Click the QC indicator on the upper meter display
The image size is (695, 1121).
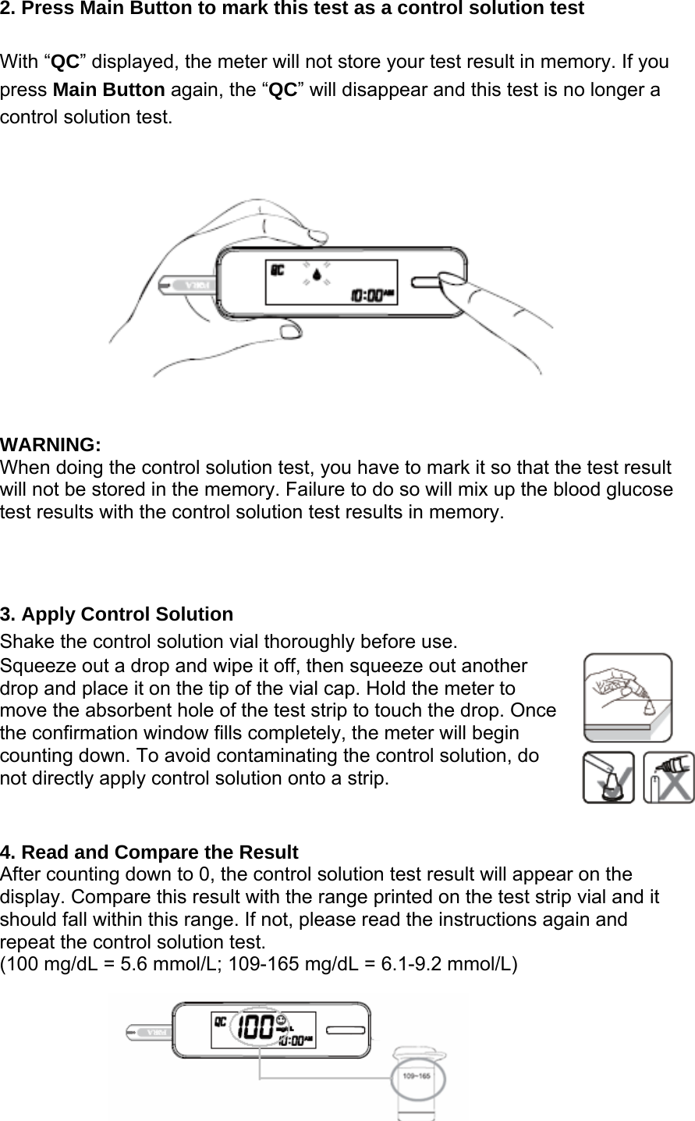pos(277,270)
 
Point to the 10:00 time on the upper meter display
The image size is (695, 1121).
pos(365,296)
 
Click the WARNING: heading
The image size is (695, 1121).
pos(51,445)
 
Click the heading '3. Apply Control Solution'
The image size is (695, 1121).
pos(117,614)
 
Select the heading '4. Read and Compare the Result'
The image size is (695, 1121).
pos(150,851)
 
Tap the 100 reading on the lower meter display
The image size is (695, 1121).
pos(255,1026)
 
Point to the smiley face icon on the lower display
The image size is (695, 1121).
pos(282,1020)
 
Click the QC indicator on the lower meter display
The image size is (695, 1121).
pos(221,1020)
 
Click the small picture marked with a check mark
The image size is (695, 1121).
pos(608,777)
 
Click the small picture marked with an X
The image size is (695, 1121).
pos(668,777)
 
